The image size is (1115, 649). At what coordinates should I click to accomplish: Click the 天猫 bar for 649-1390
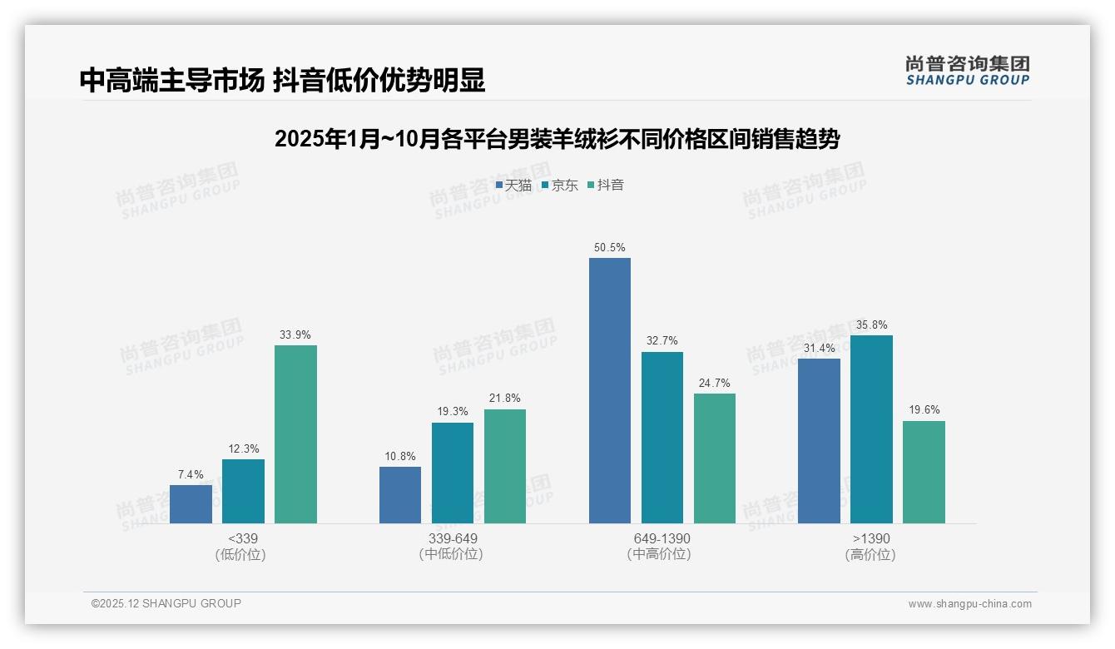pos(610,390)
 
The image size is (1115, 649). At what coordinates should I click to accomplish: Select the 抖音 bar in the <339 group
pos(295,434)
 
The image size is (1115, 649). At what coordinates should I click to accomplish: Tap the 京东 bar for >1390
pos(871,429)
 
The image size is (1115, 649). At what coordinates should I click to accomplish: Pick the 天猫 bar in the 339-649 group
pos(400,495)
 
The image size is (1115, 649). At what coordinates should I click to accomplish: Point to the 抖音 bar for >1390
pos(924,472)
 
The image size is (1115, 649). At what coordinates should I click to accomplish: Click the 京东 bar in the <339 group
pos(243,491)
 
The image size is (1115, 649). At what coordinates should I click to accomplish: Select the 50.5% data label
pos(610,248)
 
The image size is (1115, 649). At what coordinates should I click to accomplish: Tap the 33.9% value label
pos(295,335)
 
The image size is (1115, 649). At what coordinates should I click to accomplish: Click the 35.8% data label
pos(871,325)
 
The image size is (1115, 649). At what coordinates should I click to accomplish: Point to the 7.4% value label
pos(191,475)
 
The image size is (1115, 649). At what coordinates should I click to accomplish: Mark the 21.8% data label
pos(505,399)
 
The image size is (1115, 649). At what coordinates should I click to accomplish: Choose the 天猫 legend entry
pos(513,186)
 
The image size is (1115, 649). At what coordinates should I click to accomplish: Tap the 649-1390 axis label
pos(662,538)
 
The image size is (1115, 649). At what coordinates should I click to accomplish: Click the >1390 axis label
pos(870,538)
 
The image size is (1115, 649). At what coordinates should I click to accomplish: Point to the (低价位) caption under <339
pos(240,554)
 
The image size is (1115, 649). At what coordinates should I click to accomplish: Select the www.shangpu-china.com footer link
pos(969,604)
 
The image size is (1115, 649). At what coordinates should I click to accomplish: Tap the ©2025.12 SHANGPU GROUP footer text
pos(166,603)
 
